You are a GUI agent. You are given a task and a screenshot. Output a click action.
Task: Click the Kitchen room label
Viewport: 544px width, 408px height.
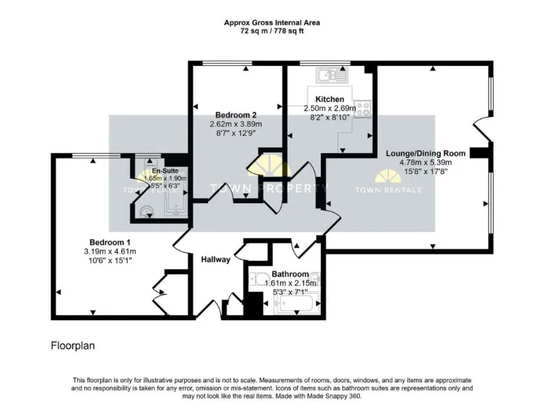[329, 99]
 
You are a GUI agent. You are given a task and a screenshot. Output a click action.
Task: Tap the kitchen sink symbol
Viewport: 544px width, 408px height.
[331, 73]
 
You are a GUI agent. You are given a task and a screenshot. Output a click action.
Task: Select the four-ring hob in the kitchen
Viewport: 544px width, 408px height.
[363, 108]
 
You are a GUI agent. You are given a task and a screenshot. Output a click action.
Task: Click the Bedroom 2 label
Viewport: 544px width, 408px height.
[236, 115]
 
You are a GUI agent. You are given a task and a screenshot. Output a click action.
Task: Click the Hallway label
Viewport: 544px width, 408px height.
[215, 259]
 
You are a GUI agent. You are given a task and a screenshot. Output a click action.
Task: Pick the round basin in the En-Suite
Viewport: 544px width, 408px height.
[146, 210]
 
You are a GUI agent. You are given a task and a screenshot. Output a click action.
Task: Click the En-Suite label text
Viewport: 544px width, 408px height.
[165, 171]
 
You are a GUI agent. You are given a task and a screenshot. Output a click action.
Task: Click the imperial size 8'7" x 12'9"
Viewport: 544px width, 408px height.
[236, 132]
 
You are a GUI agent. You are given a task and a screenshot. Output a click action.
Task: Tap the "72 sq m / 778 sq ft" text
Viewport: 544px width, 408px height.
[272, 31]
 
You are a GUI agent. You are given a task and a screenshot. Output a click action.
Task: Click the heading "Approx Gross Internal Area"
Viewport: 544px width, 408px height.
[272, 23]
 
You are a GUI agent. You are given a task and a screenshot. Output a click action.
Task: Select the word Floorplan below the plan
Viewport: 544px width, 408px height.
[72, 346]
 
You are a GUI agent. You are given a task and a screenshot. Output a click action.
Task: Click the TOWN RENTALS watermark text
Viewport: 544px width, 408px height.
[387, 190]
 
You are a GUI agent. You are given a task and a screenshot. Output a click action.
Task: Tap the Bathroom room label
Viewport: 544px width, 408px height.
[290, 274]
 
